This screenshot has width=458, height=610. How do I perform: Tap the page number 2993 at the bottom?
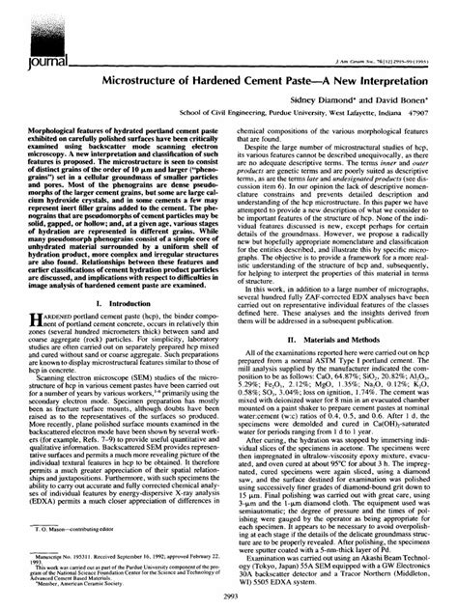[229, 601]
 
